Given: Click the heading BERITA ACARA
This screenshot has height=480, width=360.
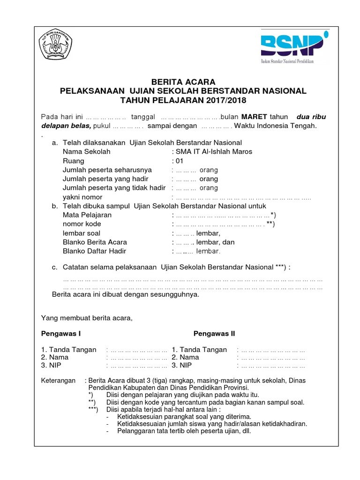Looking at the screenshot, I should pyautogui.click(x=183, y=82).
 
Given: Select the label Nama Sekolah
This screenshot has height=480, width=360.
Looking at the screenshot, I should pyautogui.click(x=87, y=151).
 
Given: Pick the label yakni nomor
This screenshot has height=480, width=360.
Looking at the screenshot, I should pyautogui.click(x=82, y=197).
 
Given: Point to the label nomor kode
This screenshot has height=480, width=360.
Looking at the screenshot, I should pyautogui.click(x=82, y=224).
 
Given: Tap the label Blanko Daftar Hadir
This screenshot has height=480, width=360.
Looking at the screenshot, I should pyautogui.click(x=95, y=251).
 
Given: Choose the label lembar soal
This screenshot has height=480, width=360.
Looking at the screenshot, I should pyautogui.click(x=82, y=233).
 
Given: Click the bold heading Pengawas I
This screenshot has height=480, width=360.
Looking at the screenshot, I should pyautogui.click(x=61, y=334).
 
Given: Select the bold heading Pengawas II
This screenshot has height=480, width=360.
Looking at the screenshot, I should pyautogui.click(x=215, y=334).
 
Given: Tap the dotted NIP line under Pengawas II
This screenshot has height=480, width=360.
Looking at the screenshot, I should pyautogui.click(x=271, y=365).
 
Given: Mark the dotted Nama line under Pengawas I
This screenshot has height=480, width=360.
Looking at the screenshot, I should pyautogui.click(x=137, y=358).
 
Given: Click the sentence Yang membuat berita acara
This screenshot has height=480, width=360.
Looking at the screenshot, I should pyautogui.click(x=87, y=318).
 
